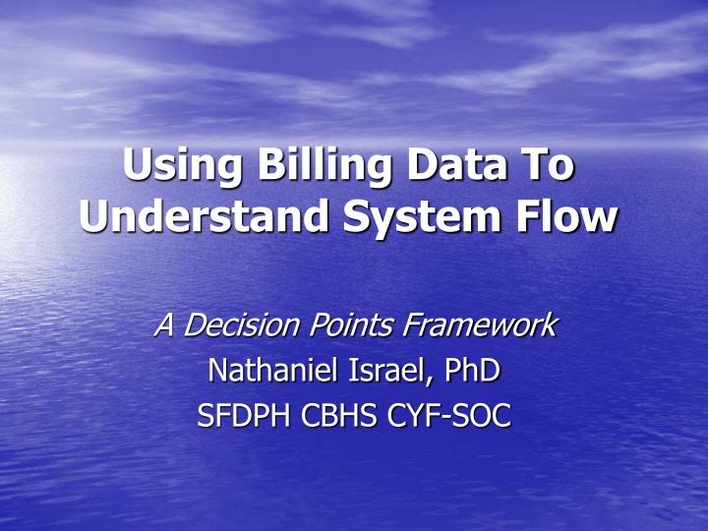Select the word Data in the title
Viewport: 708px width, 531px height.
pos(452,163)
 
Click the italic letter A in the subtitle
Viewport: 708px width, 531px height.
pos(165,324)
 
